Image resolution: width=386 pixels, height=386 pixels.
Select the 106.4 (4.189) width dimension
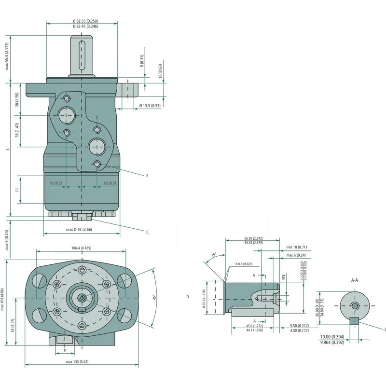(x=82, y=248)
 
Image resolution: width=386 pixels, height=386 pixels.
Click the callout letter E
(x=147, y=176)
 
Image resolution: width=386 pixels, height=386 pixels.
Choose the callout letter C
(x=147, y=232)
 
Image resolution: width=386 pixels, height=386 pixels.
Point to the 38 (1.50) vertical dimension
(x=17, y=100)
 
